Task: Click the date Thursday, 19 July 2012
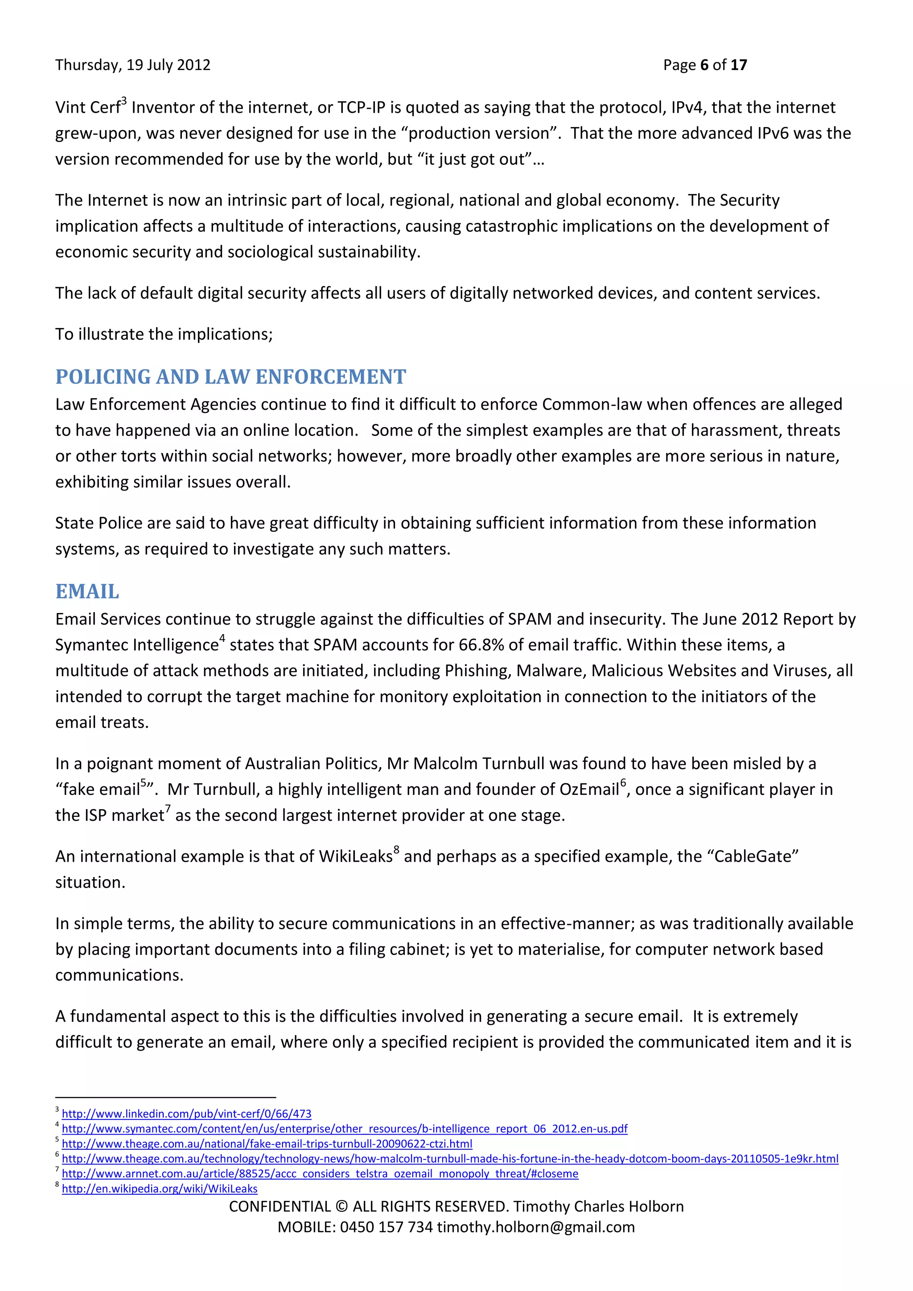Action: coord(133,65)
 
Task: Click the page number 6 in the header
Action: coord(704,65)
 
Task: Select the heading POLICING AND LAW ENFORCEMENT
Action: coord(230,377)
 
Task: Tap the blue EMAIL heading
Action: coord(87,592)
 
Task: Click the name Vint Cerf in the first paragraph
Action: coord(88,107)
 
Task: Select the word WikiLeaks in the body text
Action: coord(355,856)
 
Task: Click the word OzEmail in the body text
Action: coord(588,789)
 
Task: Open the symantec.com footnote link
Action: coord(345,1128)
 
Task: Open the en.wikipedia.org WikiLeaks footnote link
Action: coord(160,1188)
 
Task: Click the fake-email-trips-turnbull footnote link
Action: coord(267,1144)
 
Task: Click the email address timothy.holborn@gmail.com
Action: coord(536,1227)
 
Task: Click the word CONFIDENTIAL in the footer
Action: coord(280,1207)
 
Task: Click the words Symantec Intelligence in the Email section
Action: coord(136,645)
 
